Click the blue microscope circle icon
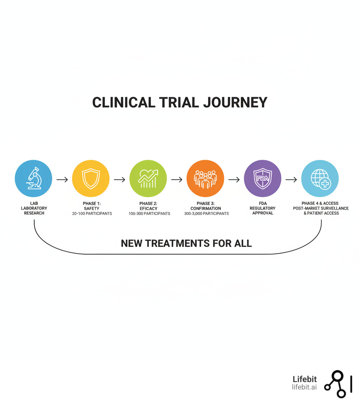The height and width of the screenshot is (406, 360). [x=33, y=179]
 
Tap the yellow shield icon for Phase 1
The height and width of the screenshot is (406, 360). [x=91, y=179]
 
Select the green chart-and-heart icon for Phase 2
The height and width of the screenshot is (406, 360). [x=148, y=179]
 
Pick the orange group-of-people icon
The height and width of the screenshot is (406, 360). [x=205, y=179]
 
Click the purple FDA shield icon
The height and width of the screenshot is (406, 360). [x=263, y=179]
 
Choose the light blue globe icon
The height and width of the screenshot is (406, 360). [x=320, y=179]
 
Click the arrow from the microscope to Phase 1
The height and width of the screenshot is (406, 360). [x=62, y=179]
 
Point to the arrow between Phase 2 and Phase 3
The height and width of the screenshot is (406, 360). [x=177, y=179]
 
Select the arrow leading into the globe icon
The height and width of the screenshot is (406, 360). [x=291, y=179]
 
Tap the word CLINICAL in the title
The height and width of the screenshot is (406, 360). [x=123, y=102]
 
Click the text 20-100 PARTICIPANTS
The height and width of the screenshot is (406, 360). [x=92, y=214]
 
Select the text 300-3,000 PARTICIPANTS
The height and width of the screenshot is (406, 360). [x=206, y=214]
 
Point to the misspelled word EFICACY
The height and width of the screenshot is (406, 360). [x=148, y=208]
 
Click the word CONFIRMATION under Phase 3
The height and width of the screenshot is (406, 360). [x=206, y=208]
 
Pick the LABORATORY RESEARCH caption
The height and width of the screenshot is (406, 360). [x=34, y=210]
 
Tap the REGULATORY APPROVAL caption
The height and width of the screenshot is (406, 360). [x=263, y=210]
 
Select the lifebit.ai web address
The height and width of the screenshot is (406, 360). [x=304, y=387]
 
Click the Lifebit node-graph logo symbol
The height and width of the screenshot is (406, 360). [x=335, y=384]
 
